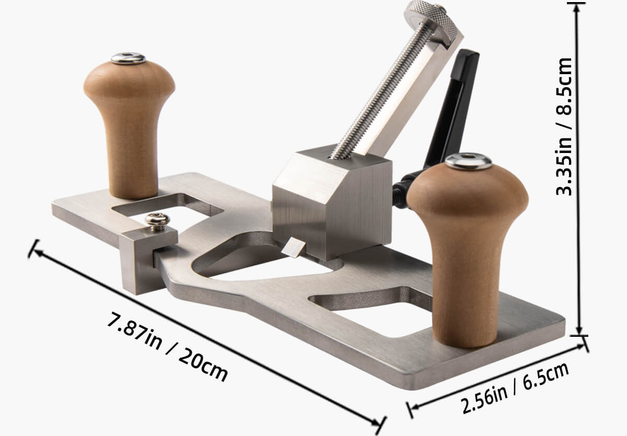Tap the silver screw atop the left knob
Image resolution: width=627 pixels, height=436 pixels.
click(129, 58)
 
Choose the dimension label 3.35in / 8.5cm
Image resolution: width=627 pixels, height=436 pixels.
click(564, 125)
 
